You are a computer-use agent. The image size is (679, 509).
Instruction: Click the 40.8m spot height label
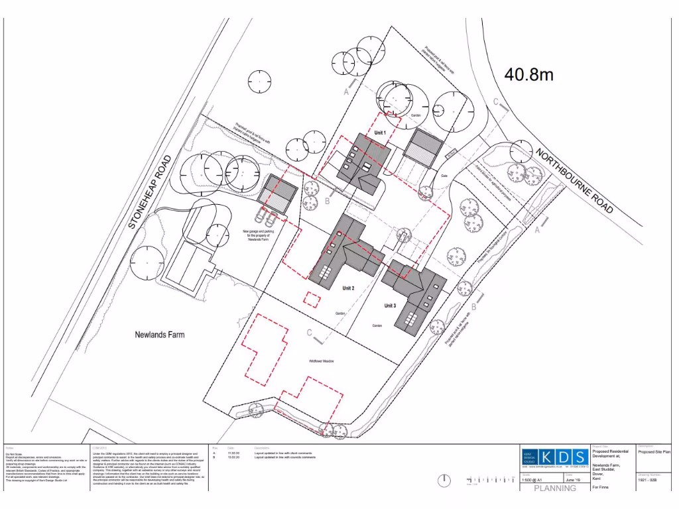coord(528,74)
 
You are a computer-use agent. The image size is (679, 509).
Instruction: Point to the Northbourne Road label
coord(574,180)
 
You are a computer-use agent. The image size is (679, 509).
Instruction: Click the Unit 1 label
coord(380,133)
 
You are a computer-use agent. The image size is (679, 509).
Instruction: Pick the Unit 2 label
coord(349,288)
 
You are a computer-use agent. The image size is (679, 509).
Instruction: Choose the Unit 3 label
coord(390,306)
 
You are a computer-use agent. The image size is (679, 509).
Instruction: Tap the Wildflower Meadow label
coord(321,361)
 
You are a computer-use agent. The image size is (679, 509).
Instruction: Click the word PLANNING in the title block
coord(555,488)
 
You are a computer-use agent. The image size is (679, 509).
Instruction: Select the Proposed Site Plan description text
coord(654,451)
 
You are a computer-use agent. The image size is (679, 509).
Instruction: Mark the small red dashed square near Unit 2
coord(311,298)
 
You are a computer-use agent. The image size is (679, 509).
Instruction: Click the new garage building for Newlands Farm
coord(278,194)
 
